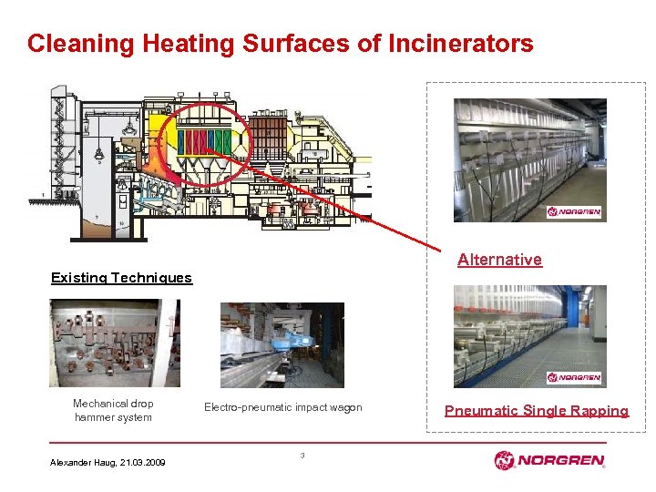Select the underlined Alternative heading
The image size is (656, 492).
click(499, 260)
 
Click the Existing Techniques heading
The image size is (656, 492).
click(121, 278)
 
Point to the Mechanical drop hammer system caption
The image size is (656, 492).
click(113, 410)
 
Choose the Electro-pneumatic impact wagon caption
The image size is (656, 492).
click(282, 407)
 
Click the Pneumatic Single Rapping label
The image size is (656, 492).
click(536, 411)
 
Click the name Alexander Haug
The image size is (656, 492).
click(80, 463)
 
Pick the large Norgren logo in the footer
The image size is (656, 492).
click(548, 460)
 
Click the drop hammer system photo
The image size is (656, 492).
click(115, 343)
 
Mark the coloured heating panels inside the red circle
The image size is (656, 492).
click(206, 142)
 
